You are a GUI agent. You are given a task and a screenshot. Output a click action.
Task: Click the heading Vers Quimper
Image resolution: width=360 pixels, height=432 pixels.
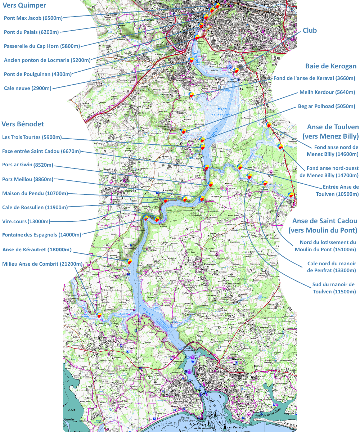pos(24,5)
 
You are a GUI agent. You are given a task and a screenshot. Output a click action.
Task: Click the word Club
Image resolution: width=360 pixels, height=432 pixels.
pos(310,31)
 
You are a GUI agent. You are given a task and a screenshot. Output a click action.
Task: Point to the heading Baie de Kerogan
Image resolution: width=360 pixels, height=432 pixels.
pos(331,66)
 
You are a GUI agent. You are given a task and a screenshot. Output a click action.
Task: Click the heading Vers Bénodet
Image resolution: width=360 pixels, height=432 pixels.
pos(23,124)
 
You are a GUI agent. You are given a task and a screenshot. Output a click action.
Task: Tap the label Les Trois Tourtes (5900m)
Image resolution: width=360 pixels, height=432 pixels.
pos(32,137)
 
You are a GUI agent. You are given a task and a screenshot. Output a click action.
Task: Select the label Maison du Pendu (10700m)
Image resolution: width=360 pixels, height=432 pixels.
pos(35,193)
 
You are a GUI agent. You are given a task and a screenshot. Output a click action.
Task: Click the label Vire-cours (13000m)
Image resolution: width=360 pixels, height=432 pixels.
pos(26,221)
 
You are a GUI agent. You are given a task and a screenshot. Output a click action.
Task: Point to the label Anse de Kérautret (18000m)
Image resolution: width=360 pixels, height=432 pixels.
pos(37,249)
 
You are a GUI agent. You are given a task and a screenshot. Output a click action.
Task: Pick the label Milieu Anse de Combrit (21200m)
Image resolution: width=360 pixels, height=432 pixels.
pos(42,264)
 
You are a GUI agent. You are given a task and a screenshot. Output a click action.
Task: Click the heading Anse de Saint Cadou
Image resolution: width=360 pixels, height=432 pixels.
pos(325,221)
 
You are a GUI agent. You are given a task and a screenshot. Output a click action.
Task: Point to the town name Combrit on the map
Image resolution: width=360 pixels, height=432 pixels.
pos(132,348)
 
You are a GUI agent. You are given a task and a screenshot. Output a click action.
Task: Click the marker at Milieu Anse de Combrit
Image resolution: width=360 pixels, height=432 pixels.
pos(99,315)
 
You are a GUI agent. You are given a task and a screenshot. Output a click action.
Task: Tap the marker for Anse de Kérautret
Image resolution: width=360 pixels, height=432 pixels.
pos(129,261)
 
